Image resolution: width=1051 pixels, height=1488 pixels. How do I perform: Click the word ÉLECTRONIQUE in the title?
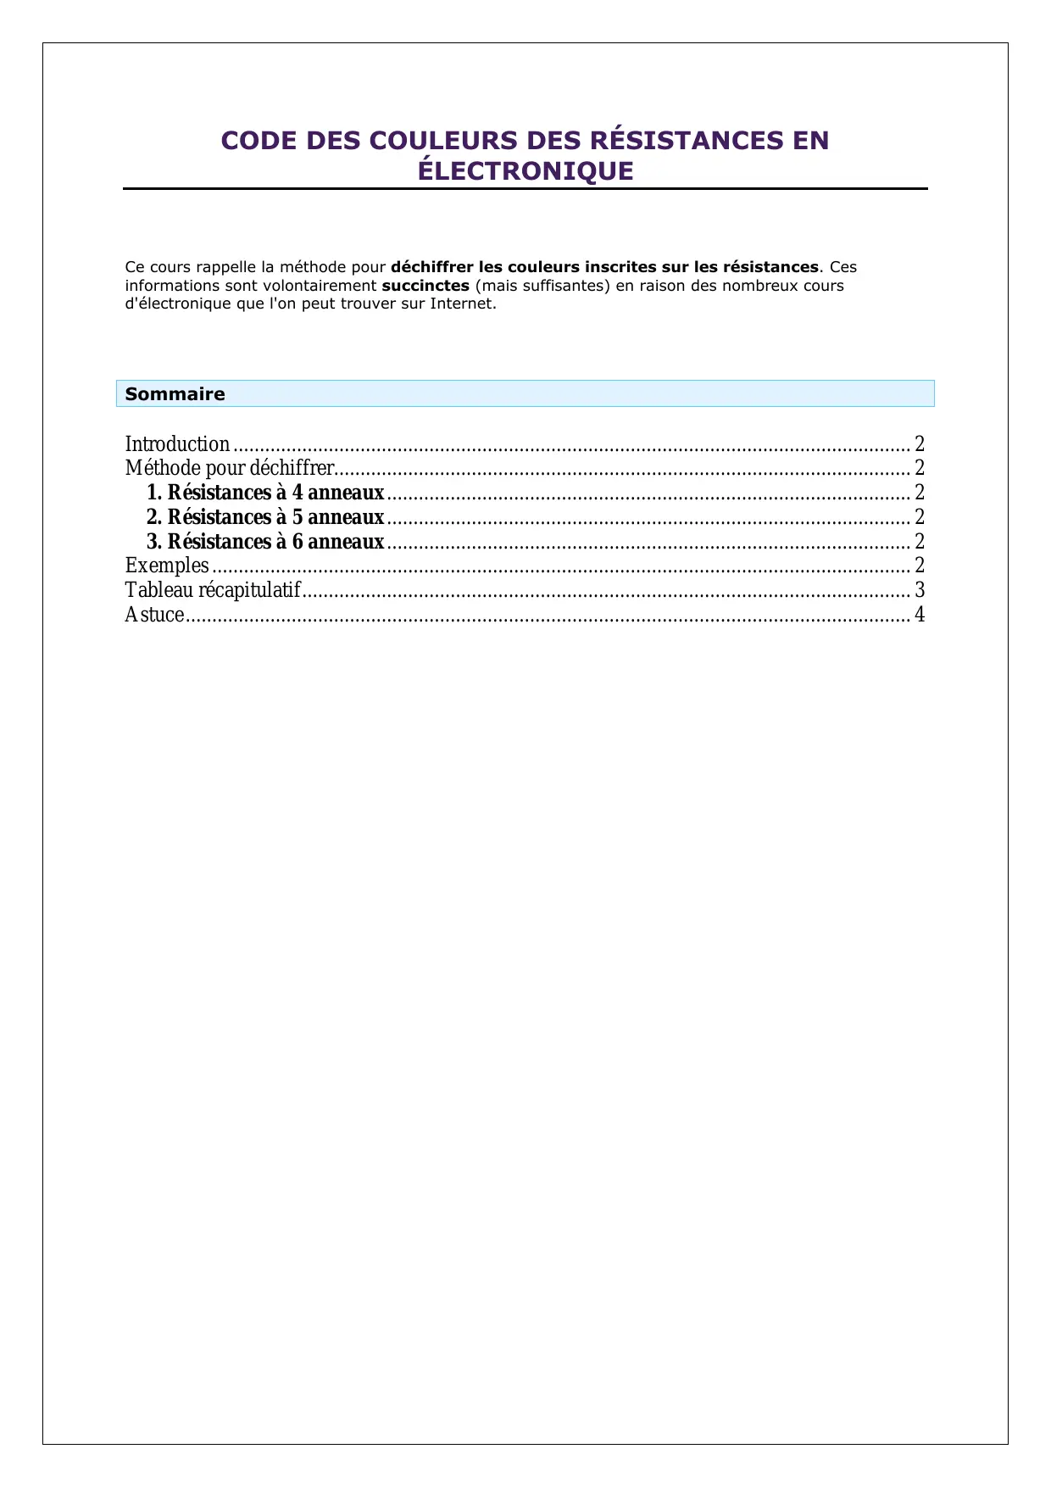point(525,171)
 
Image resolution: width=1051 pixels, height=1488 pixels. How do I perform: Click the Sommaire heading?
point(175,394)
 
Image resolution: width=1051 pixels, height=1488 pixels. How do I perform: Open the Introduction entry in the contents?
point(177,444)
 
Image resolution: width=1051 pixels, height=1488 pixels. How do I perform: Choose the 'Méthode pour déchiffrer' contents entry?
point(229,468)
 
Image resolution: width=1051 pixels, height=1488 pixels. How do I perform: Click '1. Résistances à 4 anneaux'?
point(265,493)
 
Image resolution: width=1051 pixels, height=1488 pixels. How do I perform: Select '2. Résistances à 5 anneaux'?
point(265,517)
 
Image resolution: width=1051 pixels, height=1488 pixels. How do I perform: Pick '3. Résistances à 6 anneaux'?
point(265,542)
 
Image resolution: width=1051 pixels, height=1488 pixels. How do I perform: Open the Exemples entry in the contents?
point(167,566)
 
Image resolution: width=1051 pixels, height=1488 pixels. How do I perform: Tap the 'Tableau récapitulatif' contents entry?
point(213,590)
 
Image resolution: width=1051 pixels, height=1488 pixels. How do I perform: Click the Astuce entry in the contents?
point(154,615)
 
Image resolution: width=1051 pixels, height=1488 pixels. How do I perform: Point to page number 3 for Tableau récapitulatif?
point(920,590)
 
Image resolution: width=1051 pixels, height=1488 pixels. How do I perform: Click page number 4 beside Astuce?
point(920,615)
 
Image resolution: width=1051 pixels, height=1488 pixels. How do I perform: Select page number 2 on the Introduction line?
point(920,444)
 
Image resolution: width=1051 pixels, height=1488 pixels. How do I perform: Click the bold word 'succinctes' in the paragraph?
point(425,286)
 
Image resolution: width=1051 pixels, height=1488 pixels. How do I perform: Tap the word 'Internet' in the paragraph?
point(461,304)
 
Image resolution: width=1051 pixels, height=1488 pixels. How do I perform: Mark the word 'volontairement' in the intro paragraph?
point(320,286)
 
